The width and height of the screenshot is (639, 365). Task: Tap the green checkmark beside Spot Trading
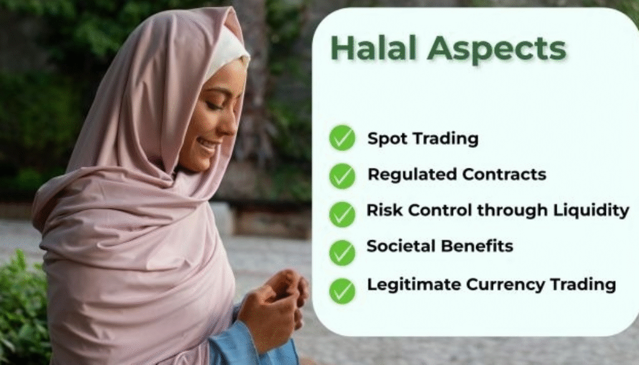(x=342, y=138)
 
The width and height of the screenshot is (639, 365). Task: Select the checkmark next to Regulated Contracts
(x=342, y=175)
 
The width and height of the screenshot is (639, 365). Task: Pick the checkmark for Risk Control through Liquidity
(x=342, y=213)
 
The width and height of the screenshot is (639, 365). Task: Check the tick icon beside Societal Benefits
(x=342, y=251)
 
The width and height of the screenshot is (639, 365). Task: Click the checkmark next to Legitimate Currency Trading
(x=342, y=290)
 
